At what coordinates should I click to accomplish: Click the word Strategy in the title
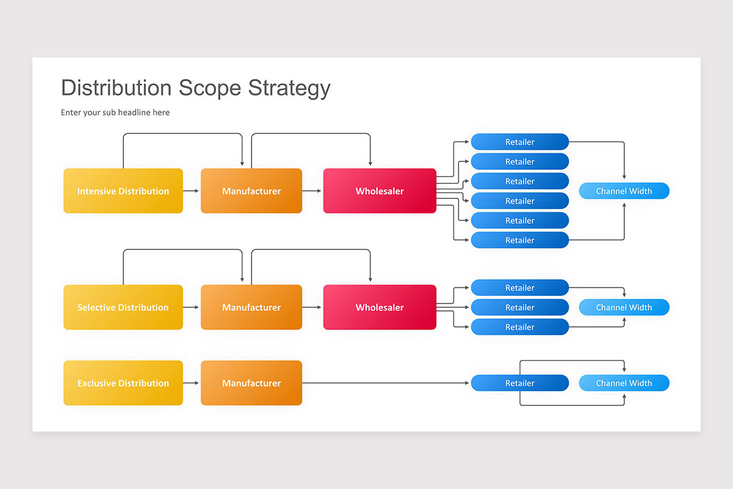[x=289, y=88]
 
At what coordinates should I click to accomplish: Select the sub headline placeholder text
[x=115, y=112]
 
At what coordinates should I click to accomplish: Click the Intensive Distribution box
[x=123, y=191]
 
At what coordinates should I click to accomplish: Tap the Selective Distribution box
[x=123, y=307]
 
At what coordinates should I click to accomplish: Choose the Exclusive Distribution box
[x=123, y=383]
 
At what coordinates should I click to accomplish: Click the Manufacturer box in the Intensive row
[x=251, y=191]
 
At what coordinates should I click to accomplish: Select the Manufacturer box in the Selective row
[x=251, y=307]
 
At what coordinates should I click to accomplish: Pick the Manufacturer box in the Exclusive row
[x=251, y=383]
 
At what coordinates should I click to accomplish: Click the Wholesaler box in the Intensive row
[x=379, y=191]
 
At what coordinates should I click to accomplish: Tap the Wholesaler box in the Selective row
[x=379, y=307]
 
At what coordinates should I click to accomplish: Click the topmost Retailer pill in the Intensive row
[x=519, y=142]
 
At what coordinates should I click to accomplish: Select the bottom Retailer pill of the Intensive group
[x=519, y=240]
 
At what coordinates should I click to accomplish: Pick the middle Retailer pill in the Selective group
[x=519, y=307]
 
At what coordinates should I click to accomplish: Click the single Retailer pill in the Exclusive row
[x=519, y=383]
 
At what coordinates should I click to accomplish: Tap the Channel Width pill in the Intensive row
[x=624, y=191]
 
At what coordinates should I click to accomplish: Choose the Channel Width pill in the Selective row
[x=624, y=307]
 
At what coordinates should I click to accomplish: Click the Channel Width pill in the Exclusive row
[x=624, y=383]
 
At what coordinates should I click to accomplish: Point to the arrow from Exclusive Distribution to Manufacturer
[x=192, y=383]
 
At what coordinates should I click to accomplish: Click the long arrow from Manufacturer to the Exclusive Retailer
[x=385, y=383]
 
